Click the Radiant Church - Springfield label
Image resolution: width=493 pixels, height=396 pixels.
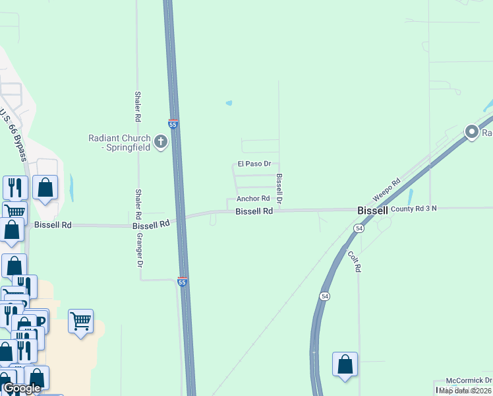(x=119, y=142)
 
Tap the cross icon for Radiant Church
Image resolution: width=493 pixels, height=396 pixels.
(x=161, y=141)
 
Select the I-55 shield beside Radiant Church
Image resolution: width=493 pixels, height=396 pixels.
(x=173, y=124)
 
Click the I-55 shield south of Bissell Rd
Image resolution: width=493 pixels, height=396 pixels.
(x=183, y=282)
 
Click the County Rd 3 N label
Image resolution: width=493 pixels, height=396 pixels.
(x=413, y=209)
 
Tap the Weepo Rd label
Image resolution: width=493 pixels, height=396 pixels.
(x=386, y=191)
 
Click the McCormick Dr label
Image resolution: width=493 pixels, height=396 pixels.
(x=469, y=380)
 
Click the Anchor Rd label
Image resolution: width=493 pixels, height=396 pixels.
(x=253, y=198)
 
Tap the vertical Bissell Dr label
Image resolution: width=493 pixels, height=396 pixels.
(x=279, y=188)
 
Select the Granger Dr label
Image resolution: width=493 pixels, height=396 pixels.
(x=140, y=251)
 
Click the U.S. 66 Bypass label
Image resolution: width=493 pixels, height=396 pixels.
(x=13, y=135)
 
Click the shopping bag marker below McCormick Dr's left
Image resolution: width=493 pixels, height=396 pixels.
(x=345, y=365)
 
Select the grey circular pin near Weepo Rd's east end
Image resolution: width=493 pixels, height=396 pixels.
(x=472, y=133)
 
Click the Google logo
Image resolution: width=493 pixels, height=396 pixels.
(x=22, y=389)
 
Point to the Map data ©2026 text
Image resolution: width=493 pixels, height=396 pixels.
(x=465, y=390)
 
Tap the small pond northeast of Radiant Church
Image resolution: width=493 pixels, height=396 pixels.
(x=229, y=103)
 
